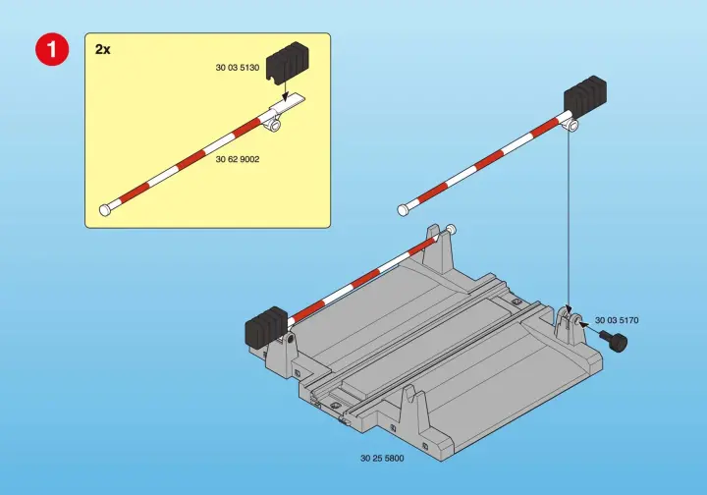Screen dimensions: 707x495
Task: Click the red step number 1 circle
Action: pos(52,49)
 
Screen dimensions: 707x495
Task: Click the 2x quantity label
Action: pos(102,49)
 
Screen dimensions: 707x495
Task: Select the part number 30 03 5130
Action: pos(238,68)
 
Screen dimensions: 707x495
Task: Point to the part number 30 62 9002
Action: pos(238,159)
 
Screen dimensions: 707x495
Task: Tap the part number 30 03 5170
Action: pos(617,320)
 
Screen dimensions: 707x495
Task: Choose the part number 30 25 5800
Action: pos(382,458)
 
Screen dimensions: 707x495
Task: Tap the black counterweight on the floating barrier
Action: pos(585,96)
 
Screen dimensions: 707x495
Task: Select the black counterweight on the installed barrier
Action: pos(266,325)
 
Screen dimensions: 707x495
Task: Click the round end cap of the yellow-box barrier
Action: pos(105,210)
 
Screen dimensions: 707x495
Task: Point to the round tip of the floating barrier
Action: pos(404,209)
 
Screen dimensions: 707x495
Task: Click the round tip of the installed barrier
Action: pos(452,229)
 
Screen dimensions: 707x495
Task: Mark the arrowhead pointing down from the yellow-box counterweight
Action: pos(284,97)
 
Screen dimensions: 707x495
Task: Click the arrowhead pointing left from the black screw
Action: pos(583,323)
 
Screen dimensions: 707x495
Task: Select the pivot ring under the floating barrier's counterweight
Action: pos(572,125)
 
